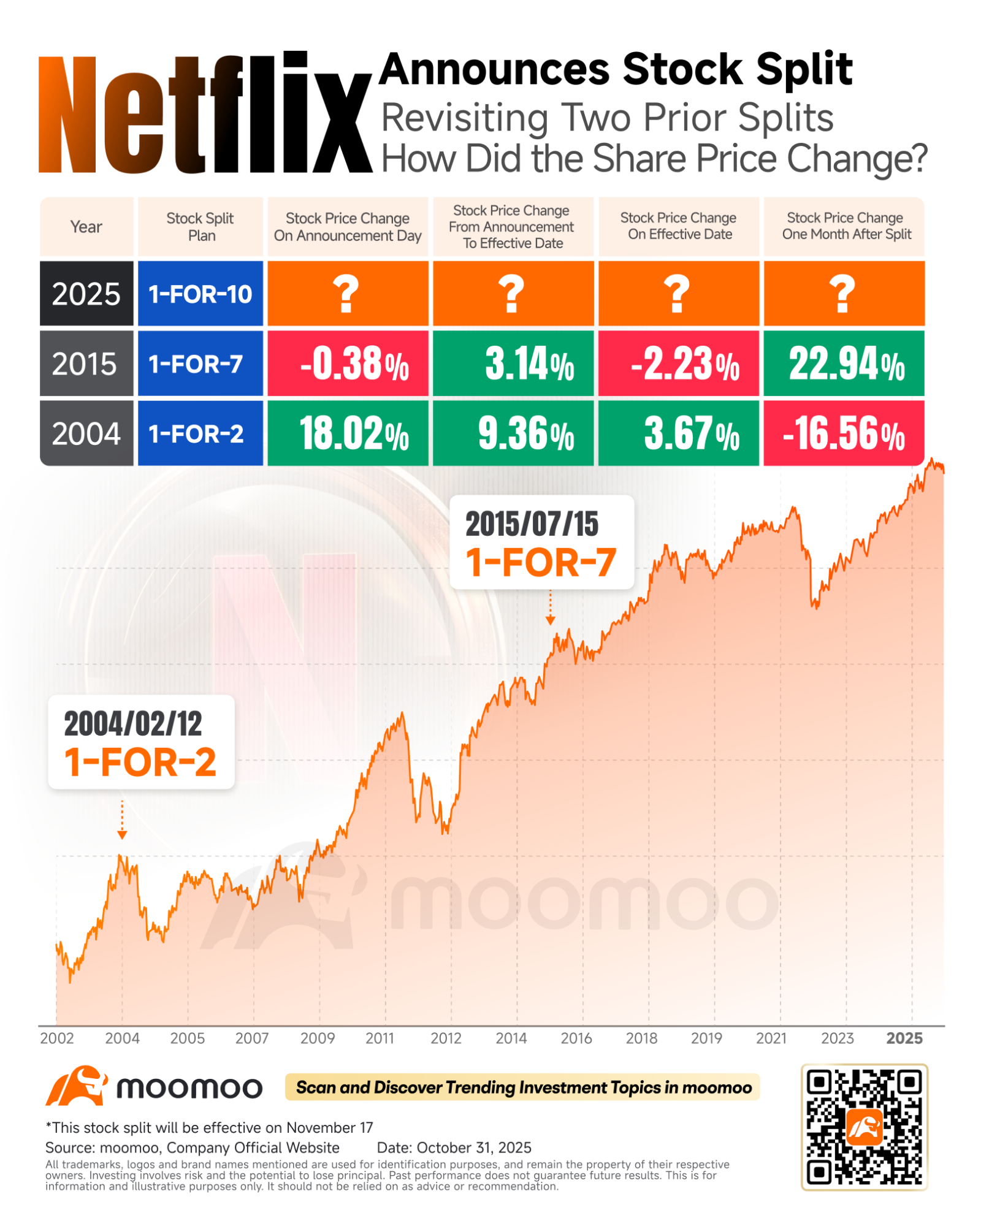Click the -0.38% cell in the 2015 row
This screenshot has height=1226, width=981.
pyautogui.click(x=348, y=364)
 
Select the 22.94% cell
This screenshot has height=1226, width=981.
pyautogui.click(x=844, y=364)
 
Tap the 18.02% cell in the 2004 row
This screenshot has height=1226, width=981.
pyautogui.click(x=348, y=433)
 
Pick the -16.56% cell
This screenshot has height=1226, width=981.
pyautogui.click(x=844, y=433)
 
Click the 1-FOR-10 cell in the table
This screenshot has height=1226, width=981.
pyautogui.click(x=200, y=294)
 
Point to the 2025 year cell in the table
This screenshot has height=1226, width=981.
pyautogui.click(x=86, y=294)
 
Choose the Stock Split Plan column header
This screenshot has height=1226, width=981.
pyautogui.click(x=200, y=227)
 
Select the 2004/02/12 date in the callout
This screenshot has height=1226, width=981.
pyautogui.click(x=133, y=724)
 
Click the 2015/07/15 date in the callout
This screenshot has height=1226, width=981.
pyautogui.click(x=532, y=524)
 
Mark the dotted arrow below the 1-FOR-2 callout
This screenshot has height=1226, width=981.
pyautogui.click(x=122, y=820)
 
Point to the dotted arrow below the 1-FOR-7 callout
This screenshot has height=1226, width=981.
pyautogui.click(x=550, y=607)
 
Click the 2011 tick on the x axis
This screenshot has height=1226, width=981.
pyautogui.click(x=380, y=1038)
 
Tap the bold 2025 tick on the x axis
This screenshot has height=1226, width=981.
pyautogui.click(x=904, y=1038)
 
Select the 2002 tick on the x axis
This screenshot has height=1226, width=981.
pyautogui.click(x=57, y=1038)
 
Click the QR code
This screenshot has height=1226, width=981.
pyautogui.click(x=864, y=1127)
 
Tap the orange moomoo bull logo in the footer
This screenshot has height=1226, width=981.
pyautogui.click(x=77, y=1086)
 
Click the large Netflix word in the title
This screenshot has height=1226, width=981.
pyautogui.click(x=205, y=113)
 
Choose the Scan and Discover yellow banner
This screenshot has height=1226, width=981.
pyautogui.click(x=522, y=1087)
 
